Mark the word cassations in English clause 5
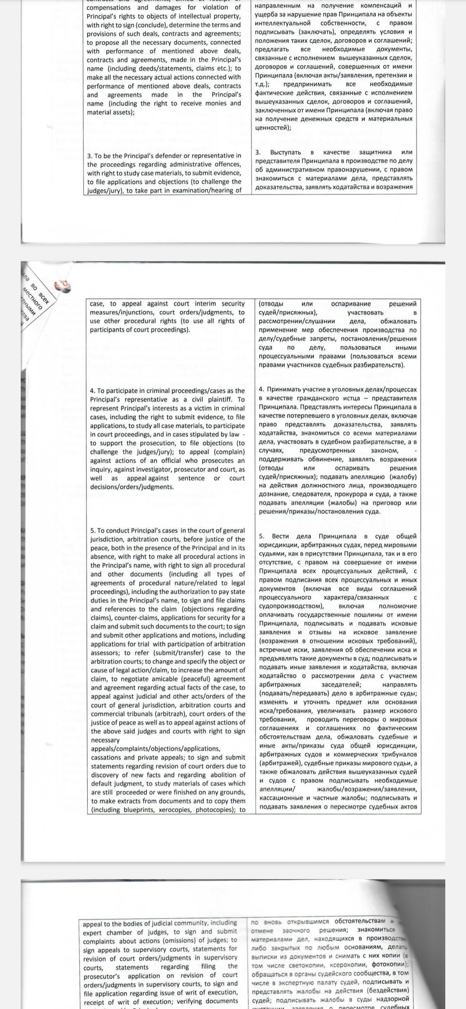coord(106,758)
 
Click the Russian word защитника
coord(375,152)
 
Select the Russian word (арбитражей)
coord(281,763)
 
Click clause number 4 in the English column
coord(92,391)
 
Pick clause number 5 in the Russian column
coord(261,536)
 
